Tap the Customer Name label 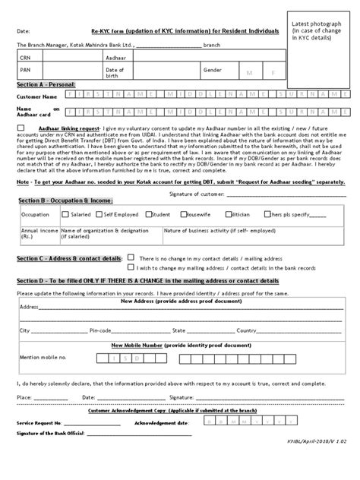pyautogui.click(x=36, y=97)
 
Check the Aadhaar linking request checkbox pyautogui.click(x=20, y=128)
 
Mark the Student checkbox pyautogui.click(x=147, y=215)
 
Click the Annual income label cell pyautogui.click(x=35, y=232)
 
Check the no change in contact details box pyautogui.click(x=131, y=258)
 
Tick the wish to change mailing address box pyautogui.click(x=131, y=267)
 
